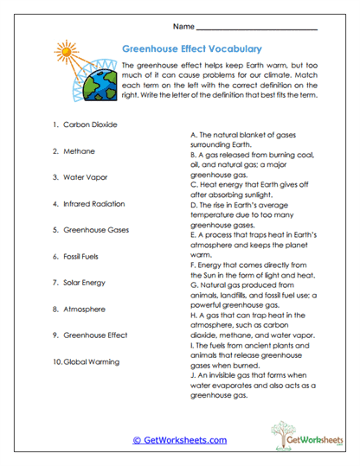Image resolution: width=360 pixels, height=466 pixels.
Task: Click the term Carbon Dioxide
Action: tap(90, 124)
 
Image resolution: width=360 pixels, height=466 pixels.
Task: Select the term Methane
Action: tap(80, 151)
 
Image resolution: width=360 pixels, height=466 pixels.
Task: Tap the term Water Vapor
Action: tap(86, 177)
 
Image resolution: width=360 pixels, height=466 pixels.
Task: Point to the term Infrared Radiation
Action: tap(95, 204)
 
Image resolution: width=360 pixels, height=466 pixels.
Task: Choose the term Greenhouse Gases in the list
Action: tap(94, 231)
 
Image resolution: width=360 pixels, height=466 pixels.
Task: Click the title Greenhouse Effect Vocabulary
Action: tap(192, 49)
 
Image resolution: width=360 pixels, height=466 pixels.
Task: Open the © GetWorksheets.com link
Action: tap(179, 440)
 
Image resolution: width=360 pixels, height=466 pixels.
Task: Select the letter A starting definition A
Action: tap(191, 137)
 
